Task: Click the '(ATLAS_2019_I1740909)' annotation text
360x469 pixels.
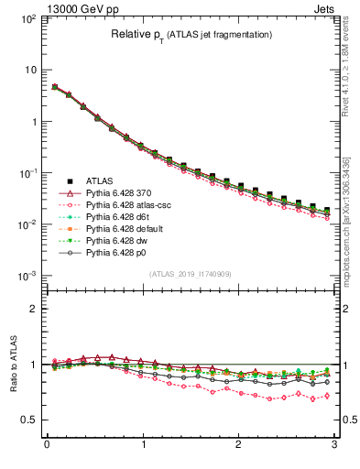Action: click(190, 273)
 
